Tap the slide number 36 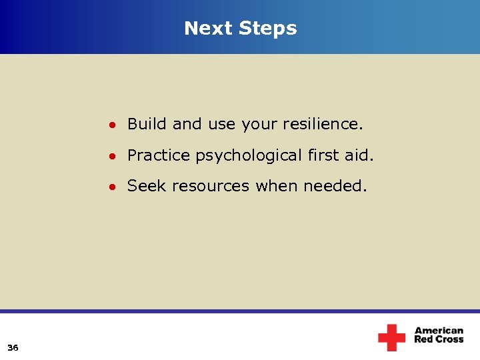tap(13, 347)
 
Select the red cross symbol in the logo tap(391, 337)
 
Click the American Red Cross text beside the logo tap(439, 335)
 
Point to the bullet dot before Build tap(115, 125)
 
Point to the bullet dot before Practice tap(115, 156)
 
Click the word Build tap(147, 124)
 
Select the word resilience tap(323, 124)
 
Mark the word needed tap(335, 187)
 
